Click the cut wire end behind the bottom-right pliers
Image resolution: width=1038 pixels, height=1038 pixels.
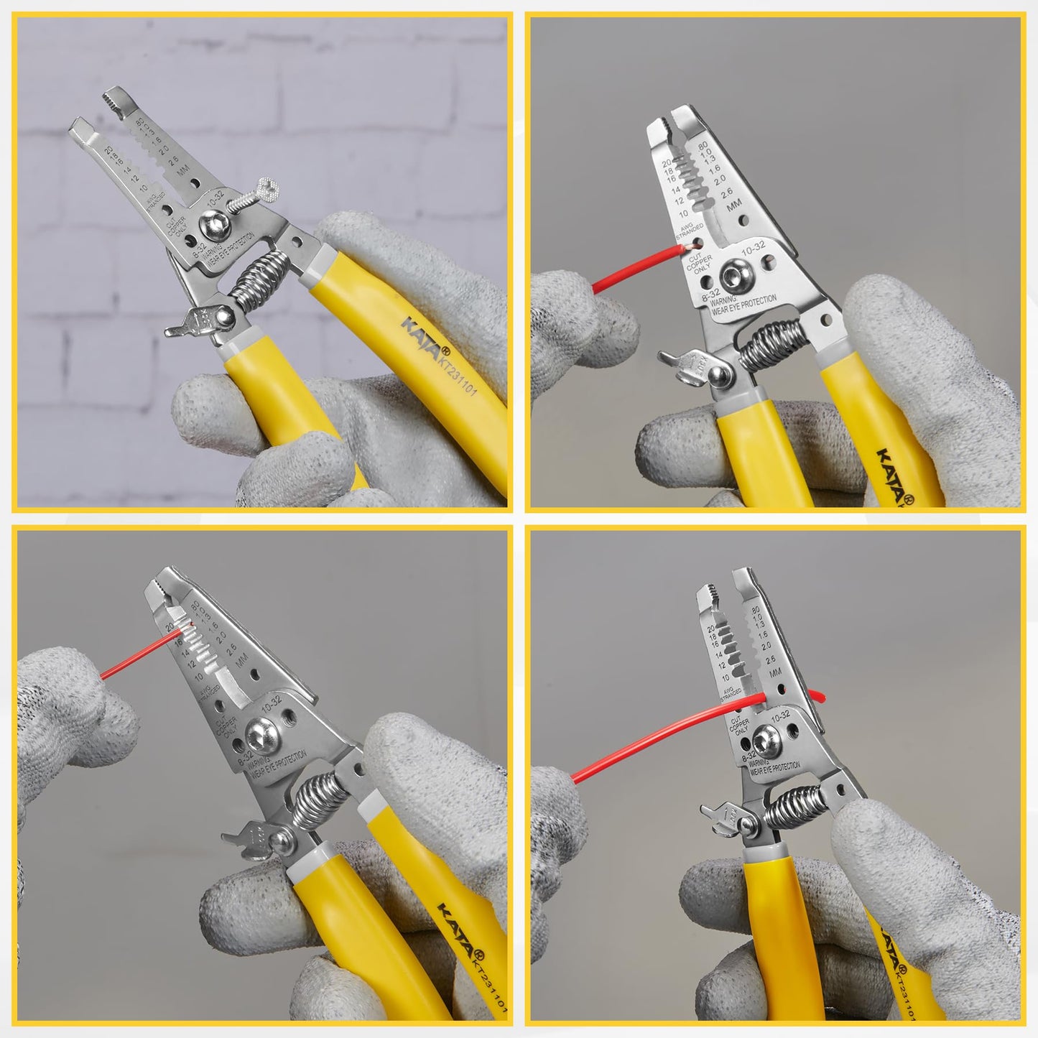[x=817, y=695]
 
